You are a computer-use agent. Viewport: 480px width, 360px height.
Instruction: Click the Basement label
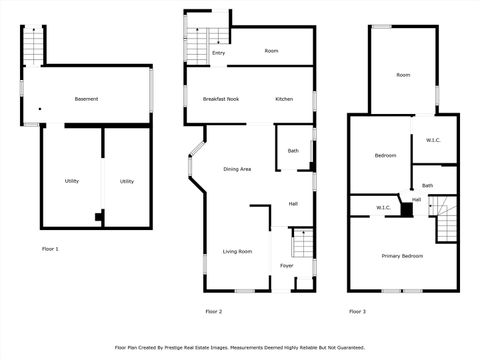[x=86, y=99]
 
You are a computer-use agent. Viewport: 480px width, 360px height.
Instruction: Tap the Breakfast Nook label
[x=220, y=99]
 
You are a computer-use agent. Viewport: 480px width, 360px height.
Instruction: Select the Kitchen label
[x=284, y=99]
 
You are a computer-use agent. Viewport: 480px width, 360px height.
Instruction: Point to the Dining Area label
[x=237, y=169]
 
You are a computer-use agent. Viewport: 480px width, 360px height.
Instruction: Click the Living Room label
[x=237, y=251]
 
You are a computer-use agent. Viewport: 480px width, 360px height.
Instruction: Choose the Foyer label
[x=287, y=266]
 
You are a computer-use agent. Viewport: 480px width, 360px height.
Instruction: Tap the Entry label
[x=218, y=52]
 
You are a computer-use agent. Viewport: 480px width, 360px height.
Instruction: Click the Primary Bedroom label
[x=402, y=256]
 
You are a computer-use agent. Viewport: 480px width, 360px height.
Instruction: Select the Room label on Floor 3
[x=403, y=75]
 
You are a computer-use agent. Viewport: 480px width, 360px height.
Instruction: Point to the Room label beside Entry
[x=271, y=50]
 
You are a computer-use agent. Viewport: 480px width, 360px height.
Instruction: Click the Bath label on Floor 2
[x=293, y=151]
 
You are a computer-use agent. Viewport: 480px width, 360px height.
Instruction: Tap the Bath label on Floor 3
[x=427, y=186]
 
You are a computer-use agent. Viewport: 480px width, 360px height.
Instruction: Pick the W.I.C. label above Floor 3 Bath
[x=433, y=140]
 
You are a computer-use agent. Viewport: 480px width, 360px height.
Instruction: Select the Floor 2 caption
[x=213, y=312]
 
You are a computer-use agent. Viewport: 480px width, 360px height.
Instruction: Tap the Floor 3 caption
[x=357, y=312]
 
